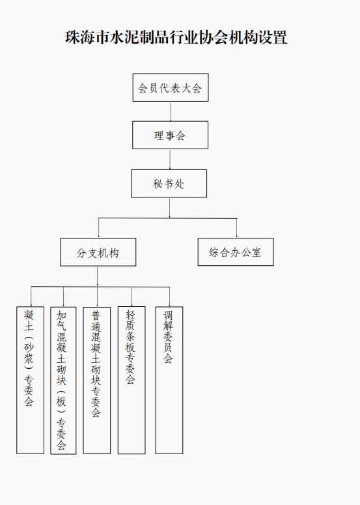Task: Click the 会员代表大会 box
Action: tap(171, 87)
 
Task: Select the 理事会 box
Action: tap(170, 135)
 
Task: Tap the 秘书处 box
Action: tap(169, 184)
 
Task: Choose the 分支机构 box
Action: tap(98, 252)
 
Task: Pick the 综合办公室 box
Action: tap(236, 252)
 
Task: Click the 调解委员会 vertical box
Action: tap(169, 380)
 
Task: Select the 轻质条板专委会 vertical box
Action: tap(132, 380)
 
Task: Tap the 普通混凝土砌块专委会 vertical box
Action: tap(97, 380)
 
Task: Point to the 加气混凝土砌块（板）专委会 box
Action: tap(63, 381)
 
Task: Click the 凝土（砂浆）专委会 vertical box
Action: tap(30, 380)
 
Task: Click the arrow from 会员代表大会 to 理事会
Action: tap(171, 111)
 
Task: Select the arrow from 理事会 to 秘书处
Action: tap(170, 160)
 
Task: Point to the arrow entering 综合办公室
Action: tap(237, 228)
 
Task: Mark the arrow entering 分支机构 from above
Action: tap(98, 228)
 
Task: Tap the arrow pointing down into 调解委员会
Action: tap(169, 296)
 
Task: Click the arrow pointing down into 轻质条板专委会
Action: tap(132, 296)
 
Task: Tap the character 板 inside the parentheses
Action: tap(61, 401)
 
